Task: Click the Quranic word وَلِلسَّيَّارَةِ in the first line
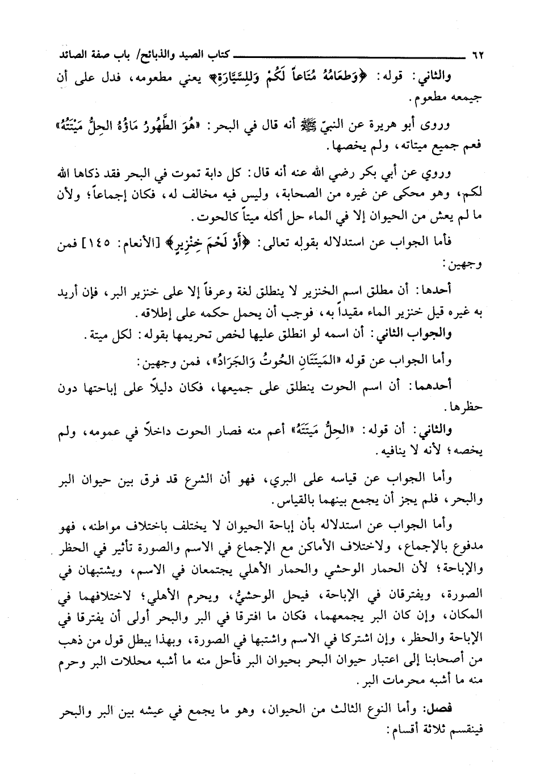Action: (244, 76)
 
